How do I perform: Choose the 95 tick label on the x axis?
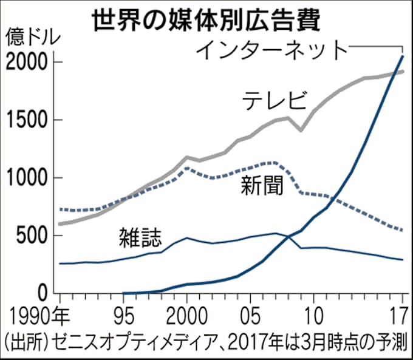click(123, 318)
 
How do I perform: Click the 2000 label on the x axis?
click(187, 318)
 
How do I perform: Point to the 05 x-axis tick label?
click(250, 318)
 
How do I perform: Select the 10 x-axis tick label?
click(313, 318)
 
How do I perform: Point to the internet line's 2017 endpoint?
click(403, 56)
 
